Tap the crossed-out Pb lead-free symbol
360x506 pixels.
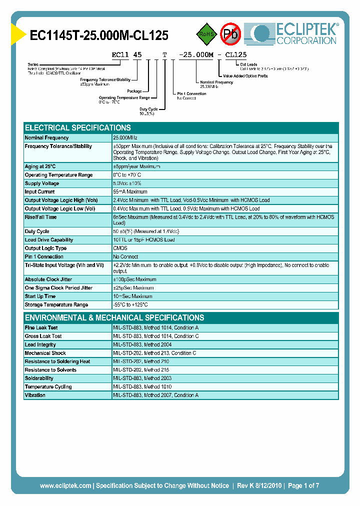[x=230, y=34]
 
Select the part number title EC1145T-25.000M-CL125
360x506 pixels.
[x=99, y=35]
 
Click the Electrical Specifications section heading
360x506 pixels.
[x=78, y=127]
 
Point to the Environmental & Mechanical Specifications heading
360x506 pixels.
[x=114, y=317]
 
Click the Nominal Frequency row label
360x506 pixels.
[x=47, y=137]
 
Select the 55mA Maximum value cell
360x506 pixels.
[x=130, y=192]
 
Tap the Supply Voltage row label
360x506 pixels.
[x=42, y=183]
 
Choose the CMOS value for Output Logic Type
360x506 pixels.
[x=120, y=248]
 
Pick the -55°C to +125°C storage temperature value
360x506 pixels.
[x=131, y=305]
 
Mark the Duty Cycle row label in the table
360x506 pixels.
[x=37, y=231]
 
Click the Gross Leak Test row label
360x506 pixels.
[x=43, y=336]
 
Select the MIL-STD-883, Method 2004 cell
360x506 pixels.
[x=142, y=345]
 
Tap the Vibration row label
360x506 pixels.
[x=35, y=395]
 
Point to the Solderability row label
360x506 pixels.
[x=39, y=378]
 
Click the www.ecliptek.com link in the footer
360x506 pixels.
[x=65, y=485]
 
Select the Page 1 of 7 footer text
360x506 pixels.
[x=303, y=485]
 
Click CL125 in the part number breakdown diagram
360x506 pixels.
[x=235, y=54]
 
